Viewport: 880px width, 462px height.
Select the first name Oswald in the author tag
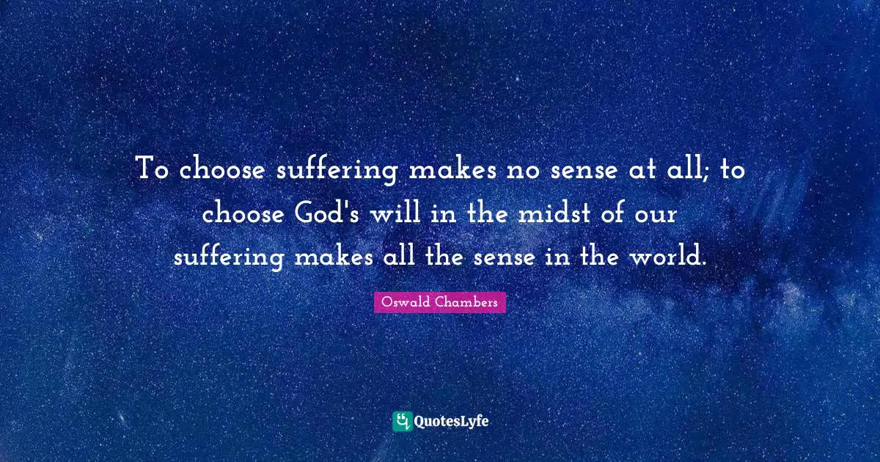coord(406,302)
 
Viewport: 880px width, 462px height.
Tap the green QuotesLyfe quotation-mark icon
coord(402,421)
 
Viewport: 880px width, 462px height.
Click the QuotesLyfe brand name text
coord(452,422)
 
